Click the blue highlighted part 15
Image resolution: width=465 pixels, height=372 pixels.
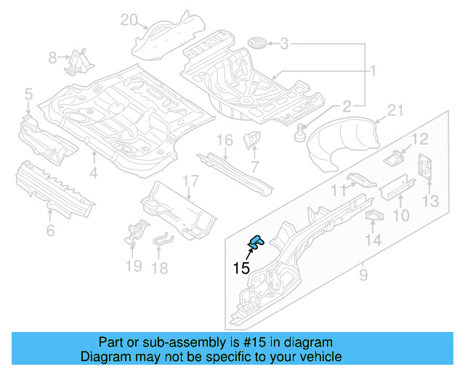(256, 242)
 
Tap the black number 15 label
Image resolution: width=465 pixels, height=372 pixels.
(241, 268)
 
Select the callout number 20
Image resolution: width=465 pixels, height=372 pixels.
(129, 20)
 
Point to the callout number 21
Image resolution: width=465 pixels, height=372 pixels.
(395, 110)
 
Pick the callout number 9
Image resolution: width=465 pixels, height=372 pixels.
(363, 274)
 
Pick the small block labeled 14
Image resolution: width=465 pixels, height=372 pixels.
(374, 215)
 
